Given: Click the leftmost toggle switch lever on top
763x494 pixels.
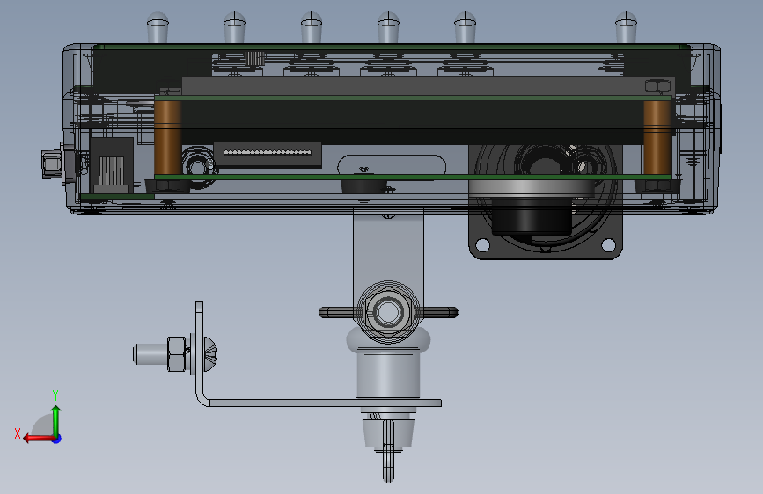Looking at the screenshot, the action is tap(158, 28).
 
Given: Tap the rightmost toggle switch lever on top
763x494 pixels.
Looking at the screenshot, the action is tap(626, 28).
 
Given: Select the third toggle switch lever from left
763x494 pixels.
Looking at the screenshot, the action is tap(312, 28).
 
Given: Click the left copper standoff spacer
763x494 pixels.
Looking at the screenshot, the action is tap(168, 137).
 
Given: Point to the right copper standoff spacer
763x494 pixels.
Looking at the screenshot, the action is tap(657, 137).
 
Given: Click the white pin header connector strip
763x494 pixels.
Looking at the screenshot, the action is tap(268, 153).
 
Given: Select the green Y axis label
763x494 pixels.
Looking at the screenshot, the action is tap(55, 396).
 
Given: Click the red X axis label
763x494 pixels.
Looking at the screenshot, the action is tap(18, 433).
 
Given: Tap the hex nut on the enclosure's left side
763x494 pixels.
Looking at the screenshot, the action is tap(51, 164).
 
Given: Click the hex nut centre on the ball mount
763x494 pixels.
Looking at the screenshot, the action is tap(388, 311).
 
